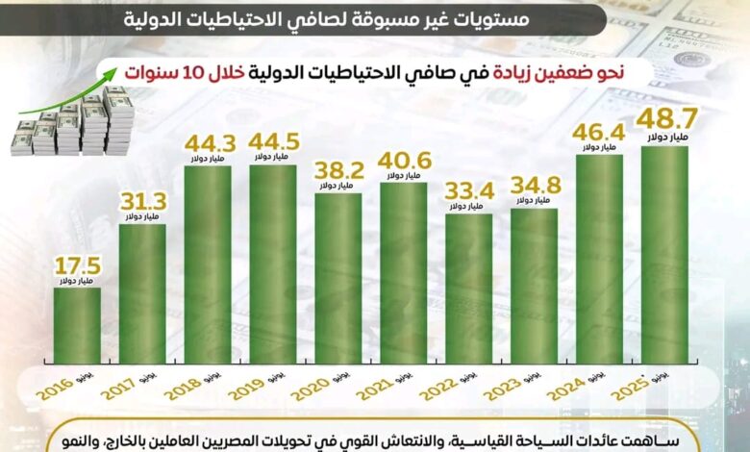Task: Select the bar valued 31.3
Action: pos(142,293)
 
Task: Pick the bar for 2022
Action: pos(468,289)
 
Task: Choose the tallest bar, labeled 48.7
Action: pos(664,255)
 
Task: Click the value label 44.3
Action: pos(207,143)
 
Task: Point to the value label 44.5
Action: pos(272,143)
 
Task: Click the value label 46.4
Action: pos(599,134)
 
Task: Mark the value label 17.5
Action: pos(76,267)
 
